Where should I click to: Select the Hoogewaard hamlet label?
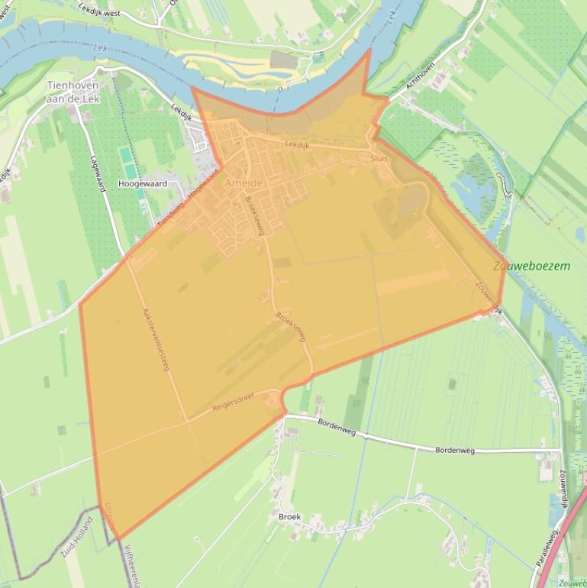(143, 184)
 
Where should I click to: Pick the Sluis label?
(379, 158)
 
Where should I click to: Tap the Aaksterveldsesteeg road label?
(155, 339)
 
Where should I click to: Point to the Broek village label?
(289, 517)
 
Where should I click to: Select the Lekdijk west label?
(100, 9)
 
